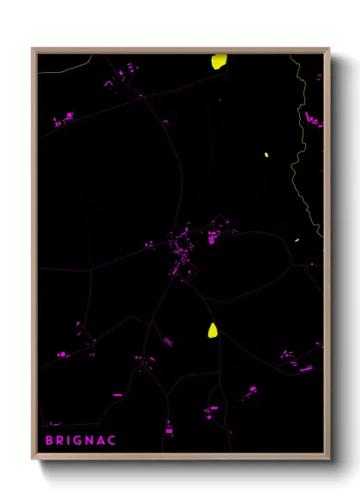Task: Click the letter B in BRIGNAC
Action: click(x=49, y=442)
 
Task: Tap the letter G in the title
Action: click(x=87, y=442)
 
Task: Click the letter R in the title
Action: click(x=63, y=442)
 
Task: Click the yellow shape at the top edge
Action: click(x=219, y=61)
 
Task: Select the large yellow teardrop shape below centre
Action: click(x=212, y=330)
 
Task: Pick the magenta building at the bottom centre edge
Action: click(x=169, y=428)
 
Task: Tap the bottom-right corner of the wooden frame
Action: click(x=328, y=459)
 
